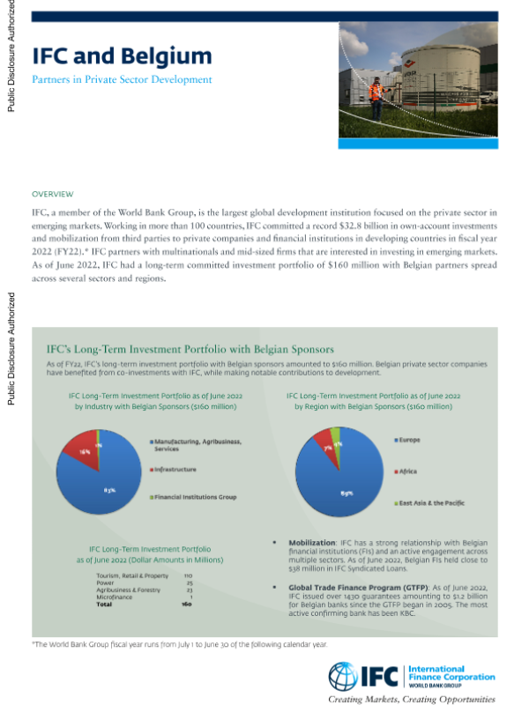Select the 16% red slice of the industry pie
click(85, 451)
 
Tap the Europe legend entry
click(409, 439)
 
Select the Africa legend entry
click(407, 471)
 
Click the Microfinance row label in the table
click(115, 598)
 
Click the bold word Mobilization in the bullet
click(312, 544)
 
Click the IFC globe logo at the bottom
click(342, 675)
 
